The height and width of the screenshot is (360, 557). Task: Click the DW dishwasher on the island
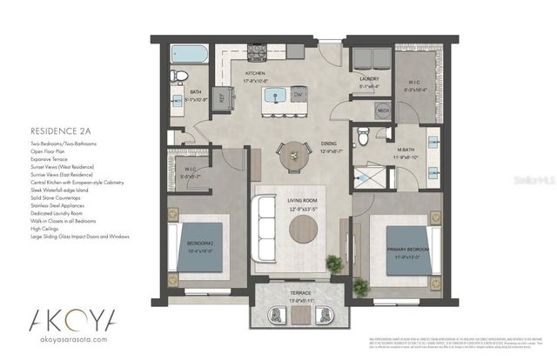297,94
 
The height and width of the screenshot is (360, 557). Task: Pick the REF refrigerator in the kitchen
219,97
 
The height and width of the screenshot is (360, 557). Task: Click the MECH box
382,111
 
